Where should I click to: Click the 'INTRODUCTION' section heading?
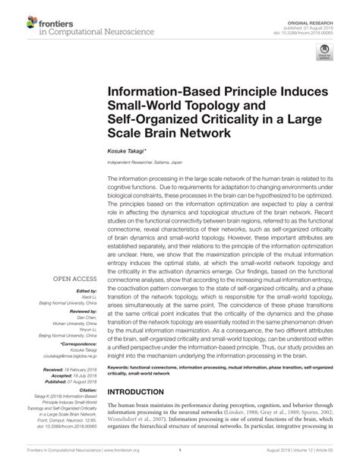[x=146, y=392]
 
